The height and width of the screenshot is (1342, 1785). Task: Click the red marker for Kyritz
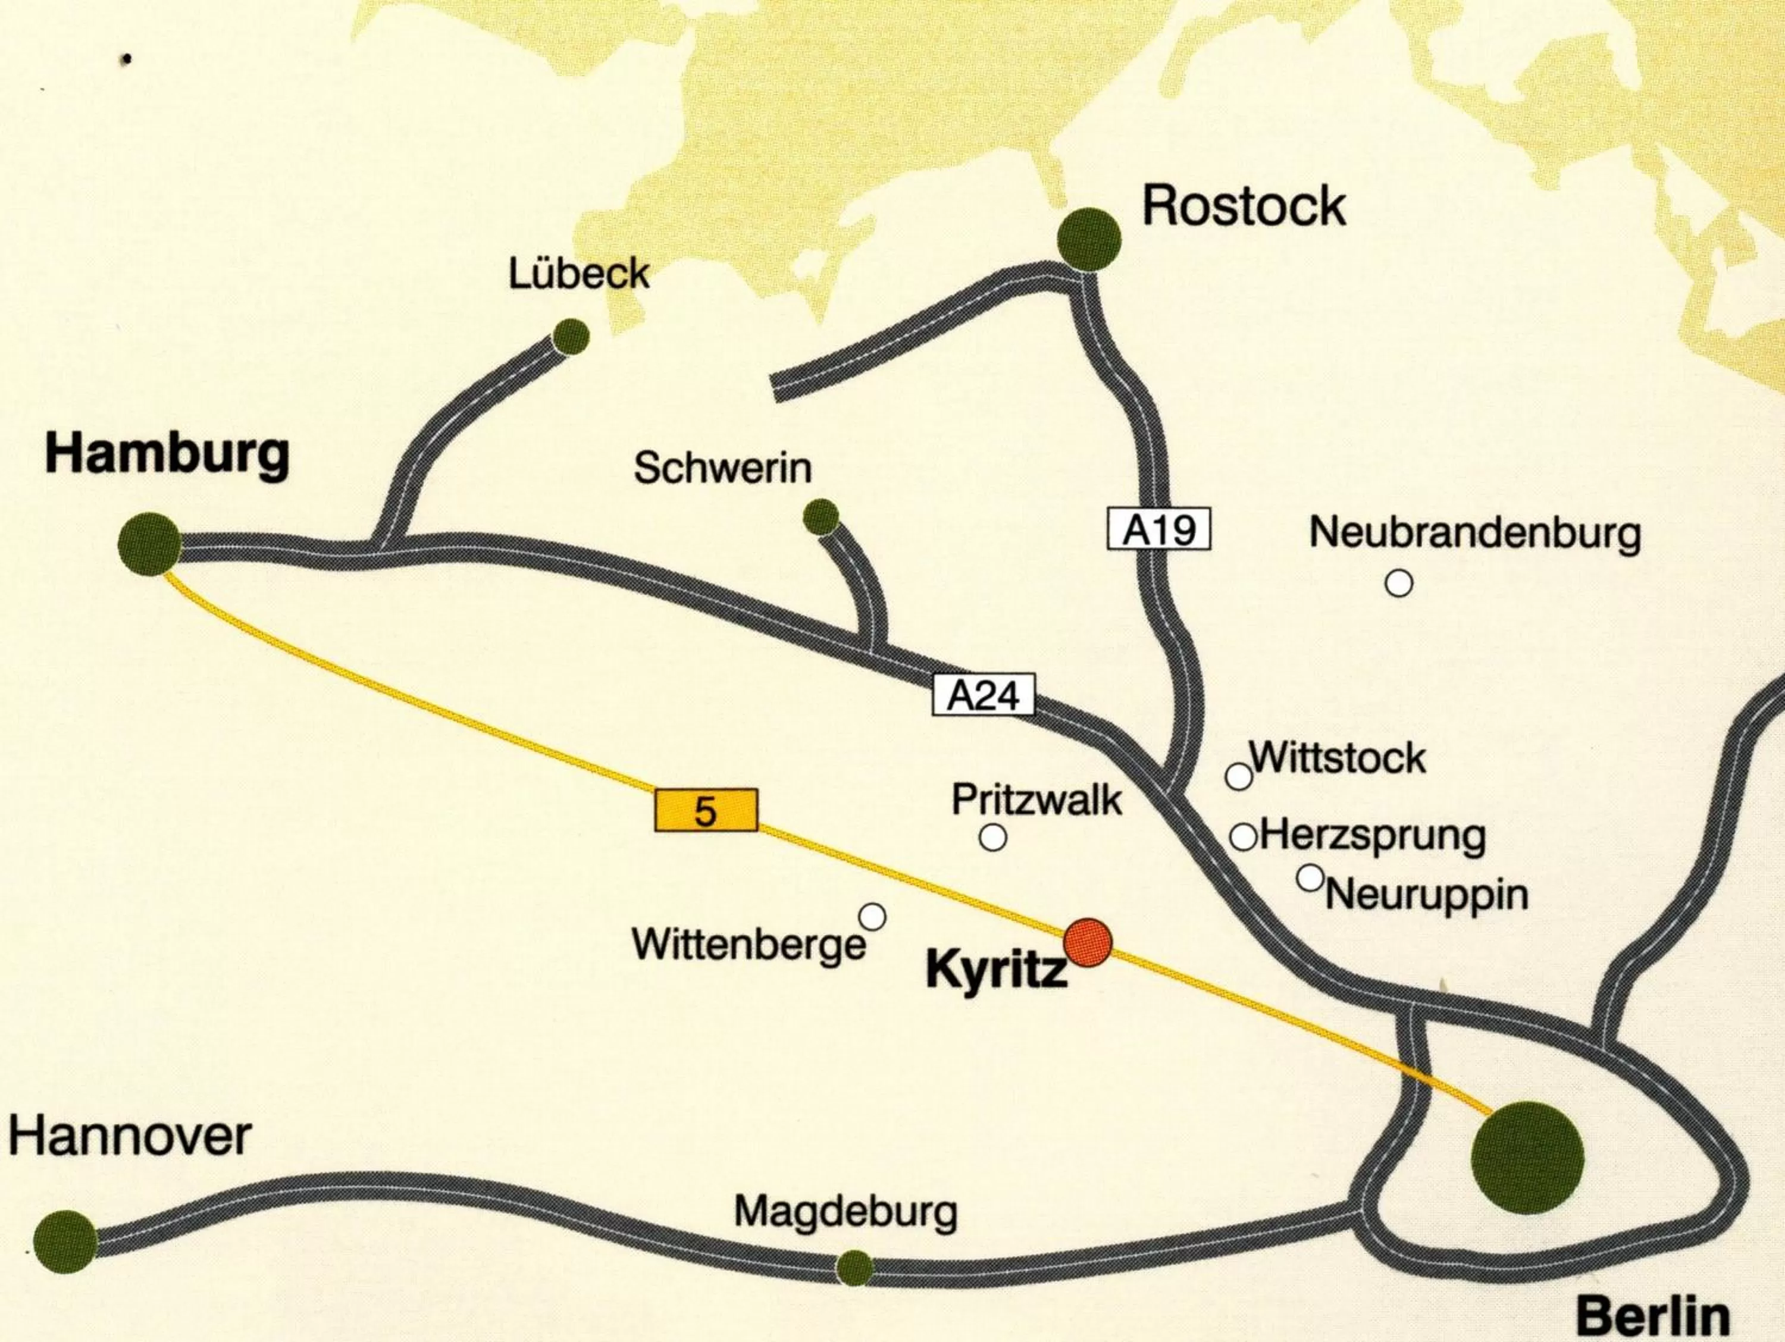coord(1088,942)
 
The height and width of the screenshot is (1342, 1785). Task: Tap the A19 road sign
coord(1159,530)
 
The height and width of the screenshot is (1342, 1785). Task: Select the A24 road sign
coord(983,695)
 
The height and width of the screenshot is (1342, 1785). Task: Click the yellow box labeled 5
coord(705,811)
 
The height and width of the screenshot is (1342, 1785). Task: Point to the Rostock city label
coord(1244,206)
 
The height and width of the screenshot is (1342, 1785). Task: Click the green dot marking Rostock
coord(1089,239)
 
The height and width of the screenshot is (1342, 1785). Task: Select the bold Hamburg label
coord(167,454)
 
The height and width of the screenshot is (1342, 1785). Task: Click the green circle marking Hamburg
coord(149,543)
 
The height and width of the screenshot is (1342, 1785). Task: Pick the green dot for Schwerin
coord(822,516)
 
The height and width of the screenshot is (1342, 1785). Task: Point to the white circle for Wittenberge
coord(872,917)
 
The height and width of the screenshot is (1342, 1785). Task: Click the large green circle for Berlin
coord(1527,1159)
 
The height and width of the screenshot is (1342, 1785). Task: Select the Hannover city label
coord(130,1138)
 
